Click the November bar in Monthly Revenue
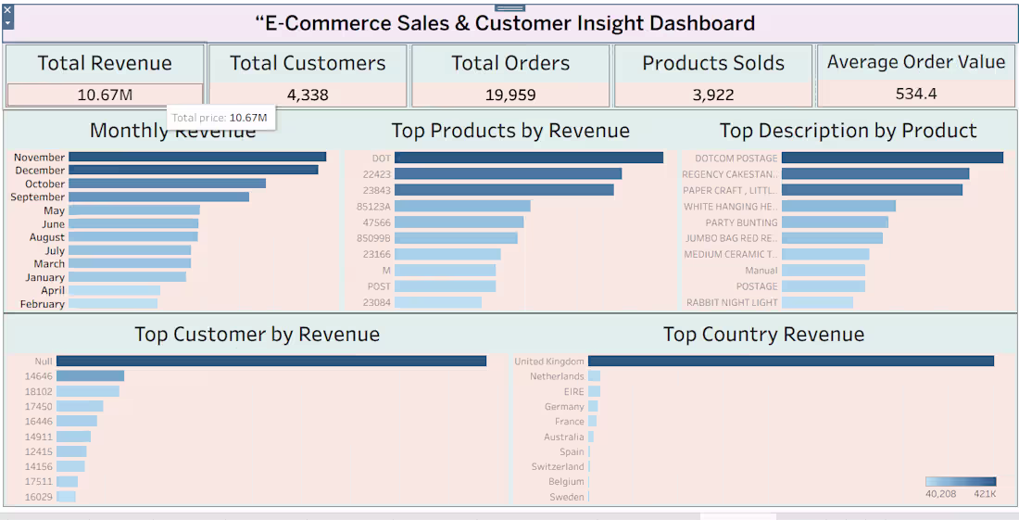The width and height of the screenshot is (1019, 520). [x=196, y=158]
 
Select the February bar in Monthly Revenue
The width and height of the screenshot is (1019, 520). [x=113, y=304]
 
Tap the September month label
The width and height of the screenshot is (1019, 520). [x=38, y=197]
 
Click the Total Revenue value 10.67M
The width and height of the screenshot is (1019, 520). [x=105, y=95]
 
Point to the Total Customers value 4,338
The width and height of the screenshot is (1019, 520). [x=308, y=95]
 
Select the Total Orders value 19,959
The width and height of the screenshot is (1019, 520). [x=510, y=95]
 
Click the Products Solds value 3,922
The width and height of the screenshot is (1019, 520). [x=712, y=95]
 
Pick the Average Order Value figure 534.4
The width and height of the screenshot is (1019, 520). [x=915, y=94]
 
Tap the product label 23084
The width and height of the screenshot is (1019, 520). [x=377, y=302]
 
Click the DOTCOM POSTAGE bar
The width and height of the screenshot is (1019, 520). [x=892, y=159]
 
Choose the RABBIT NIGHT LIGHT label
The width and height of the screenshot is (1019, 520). [x=732, y=303]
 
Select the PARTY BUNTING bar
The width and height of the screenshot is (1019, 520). [x=835, y=222]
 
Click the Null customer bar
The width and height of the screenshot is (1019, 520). [x=270, y=361]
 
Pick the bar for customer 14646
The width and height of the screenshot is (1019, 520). [x=90, y=376]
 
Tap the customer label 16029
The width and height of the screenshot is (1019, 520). [x=39, y=497]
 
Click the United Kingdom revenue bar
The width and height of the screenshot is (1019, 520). [x=790, y=361]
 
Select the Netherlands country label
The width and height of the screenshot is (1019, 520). [x=557, y=376]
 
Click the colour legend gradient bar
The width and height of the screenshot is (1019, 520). [x=960, y=482]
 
